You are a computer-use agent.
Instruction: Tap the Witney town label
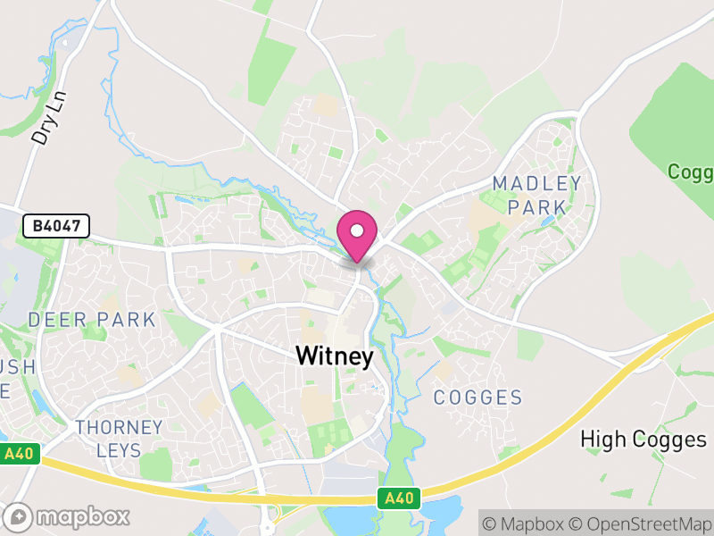coord(335,356)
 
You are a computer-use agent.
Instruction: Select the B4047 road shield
coord(56,227)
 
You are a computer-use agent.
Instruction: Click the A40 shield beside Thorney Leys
coord(19,454)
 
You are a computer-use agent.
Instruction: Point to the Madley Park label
coord(537,196)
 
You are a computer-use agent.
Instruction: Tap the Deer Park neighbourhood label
coord(92,320)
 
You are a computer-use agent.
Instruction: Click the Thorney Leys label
coord(119,439)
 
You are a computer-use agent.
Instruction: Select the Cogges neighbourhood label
coord(477,398)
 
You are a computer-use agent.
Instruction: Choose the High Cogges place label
coord(643,439)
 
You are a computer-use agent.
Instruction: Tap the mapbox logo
coord(69,516)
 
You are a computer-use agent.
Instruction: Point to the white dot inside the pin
coord(357,230)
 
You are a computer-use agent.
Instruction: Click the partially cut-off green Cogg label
coord(691,172)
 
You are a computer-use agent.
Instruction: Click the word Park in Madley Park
coord(537,207)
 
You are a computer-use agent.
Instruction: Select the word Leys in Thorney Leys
coord(119,450)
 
